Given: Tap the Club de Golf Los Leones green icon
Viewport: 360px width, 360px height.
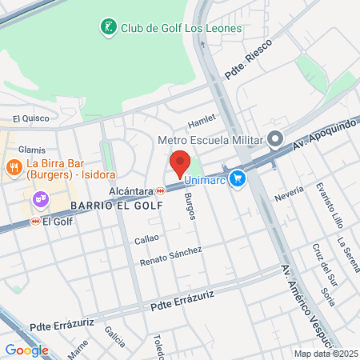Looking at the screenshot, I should pyautogui.click(x=107, y=29).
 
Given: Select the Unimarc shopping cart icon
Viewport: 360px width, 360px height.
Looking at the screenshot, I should pyautogui.click(x=237, y=179).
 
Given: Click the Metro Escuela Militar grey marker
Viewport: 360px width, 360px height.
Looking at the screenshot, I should pyautogui.click(x=276, y=140).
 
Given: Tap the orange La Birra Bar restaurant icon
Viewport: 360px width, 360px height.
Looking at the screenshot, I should pyautogui.click(x=14, y=167).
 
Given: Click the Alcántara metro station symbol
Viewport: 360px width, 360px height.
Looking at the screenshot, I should pyautogui.click(x=162, y=191).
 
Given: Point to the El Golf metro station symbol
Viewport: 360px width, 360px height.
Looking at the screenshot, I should pyautogui.click(x=35, y=221).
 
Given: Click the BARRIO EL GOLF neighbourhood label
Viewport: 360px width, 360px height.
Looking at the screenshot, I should pyautogui.click(x=116, y=206).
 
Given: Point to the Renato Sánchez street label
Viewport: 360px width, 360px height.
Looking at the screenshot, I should pyautogui.click(x=170, y=256).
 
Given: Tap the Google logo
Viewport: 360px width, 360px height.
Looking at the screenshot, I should pyautogui.click(x=26, y=350).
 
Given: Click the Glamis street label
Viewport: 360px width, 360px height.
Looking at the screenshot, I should pyautogui.click(x=32, y=150).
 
